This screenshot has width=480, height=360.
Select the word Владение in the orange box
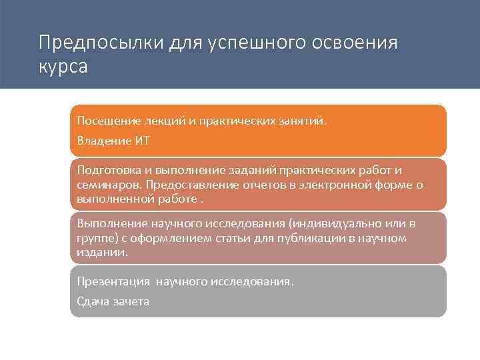pyautogui.click(x=104, y=140)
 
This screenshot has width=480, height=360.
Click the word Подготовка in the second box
pyautogui.click(x=109, y=171)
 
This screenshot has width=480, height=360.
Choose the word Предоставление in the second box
pyautogui.click(x=186, y=185)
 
